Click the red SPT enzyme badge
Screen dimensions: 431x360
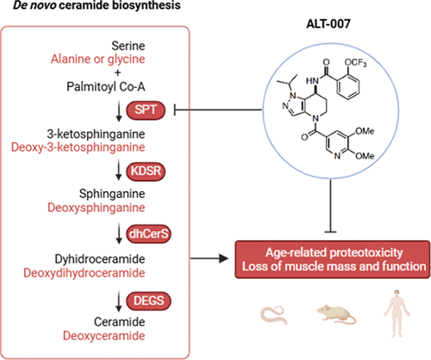point(146,110)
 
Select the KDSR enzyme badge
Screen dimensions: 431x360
point(146,171)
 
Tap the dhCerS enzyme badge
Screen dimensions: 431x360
point(148,234)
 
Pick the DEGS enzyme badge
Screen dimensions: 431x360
point(148,301)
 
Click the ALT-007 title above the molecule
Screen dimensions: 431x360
point(328,24)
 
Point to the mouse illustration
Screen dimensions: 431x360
point(337,314)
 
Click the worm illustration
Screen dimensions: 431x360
point(274,315)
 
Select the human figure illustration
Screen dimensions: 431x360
point(397,313)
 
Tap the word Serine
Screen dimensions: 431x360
point(128,46)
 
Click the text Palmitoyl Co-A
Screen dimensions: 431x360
point(106,87)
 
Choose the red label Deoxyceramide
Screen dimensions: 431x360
point(104,336)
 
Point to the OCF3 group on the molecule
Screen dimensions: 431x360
point(355,63)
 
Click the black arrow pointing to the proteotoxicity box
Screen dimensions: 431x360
point(209,258)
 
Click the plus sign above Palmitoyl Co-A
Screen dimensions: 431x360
point(117,72)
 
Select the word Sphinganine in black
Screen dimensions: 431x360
point(112,194)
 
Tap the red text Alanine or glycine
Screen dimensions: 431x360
point(98,59)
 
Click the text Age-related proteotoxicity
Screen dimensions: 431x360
point(334,252)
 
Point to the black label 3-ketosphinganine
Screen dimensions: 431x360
point(96,134)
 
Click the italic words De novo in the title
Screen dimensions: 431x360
point(34,5)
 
